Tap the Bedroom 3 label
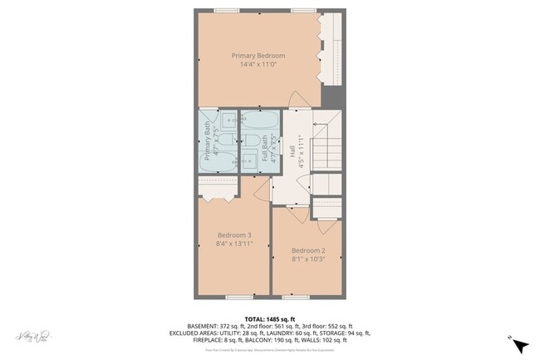(234, 235)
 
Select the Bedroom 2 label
(307, 250)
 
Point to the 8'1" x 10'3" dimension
(307, 259)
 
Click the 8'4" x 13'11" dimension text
(234, 244)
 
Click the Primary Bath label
(208, 141)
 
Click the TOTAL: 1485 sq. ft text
(270, 318)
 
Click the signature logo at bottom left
(34, 336)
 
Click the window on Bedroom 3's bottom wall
(239, 296)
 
